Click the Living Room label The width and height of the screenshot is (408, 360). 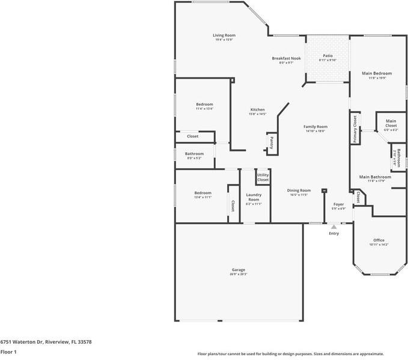[x=224, y=35]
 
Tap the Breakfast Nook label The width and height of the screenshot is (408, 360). [x=286, y=58]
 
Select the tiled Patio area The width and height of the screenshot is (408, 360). [x=327, y=59]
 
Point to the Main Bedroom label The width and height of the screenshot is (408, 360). [x=377, y=73]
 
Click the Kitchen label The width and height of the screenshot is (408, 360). [x=257, y=110]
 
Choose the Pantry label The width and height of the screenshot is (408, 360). [x=272, y=142]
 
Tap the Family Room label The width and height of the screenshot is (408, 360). [x=315, y=127]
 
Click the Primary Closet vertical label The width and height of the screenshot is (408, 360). [x=355, y=128]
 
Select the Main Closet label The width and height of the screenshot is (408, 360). [x=391, y=123]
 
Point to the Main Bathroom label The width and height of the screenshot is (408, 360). [x=375, y=177]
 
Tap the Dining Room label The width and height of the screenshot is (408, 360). [x=299, y=191]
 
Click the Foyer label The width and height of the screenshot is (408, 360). [x=339, y=204]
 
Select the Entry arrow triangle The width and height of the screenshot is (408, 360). [x=333, y=227]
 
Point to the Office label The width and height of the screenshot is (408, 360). [x=379, y=240]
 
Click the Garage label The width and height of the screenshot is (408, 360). [x=239, y=270]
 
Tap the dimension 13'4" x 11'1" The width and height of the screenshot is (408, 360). [x=202, y=197]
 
